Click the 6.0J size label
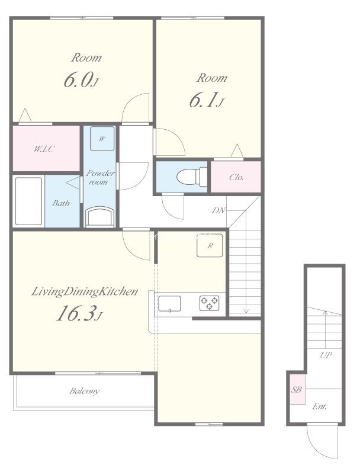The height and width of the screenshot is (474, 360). coord(81,80)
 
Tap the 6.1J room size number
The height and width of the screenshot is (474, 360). coord(206,100)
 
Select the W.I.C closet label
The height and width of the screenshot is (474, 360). coord(44,149)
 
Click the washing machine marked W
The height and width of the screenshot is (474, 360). coord(102,139)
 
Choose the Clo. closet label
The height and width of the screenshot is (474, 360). coord(236,177)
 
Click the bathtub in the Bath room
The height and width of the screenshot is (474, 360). coord(28,201)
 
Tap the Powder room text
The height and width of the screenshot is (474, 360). coord(100,177)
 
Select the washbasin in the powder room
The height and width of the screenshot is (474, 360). coord(100,216)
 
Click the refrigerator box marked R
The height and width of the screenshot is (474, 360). coord(210,245)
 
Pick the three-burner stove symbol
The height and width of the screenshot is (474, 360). coord(209,303)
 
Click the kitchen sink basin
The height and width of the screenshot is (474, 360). coord(169,303)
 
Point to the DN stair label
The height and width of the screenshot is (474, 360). coord(218,210)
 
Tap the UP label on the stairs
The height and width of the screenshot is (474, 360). coord(326,355)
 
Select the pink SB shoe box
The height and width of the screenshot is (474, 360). coord(297,389)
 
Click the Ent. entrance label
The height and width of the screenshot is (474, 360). coord(319,406)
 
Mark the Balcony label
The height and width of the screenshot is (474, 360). coord(84,391)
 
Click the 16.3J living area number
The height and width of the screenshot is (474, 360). coord(79,313)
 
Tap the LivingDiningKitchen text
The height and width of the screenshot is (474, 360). coord(85,292)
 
